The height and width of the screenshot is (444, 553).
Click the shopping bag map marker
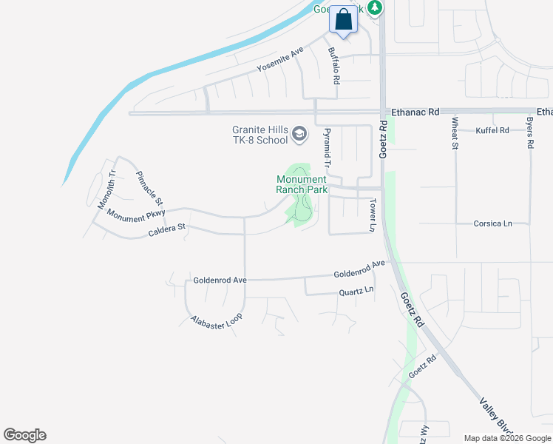point(343,20)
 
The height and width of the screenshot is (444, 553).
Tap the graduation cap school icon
point(299,134)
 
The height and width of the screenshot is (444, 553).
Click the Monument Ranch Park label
point(301,184)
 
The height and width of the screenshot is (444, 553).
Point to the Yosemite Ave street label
point(280,59)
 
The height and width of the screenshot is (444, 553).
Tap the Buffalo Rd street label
point(335,65)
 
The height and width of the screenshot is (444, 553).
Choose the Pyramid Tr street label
point(325,147)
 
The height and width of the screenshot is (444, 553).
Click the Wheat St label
point(455,133)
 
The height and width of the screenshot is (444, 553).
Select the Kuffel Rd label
point(493,130)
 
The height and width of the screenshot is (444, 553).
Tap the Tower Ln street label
point(373,215)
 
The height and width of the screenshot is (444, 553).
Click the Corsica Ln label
point(493,223)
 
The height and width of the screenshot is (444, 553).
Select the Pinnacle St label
point(149,189)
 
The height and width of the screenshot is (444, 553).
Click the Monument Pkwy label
point(135,215)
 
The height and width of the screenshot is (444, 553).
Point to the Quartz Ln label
point(356,292)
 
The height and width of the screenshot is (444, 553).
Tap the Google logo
point(24,435)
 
